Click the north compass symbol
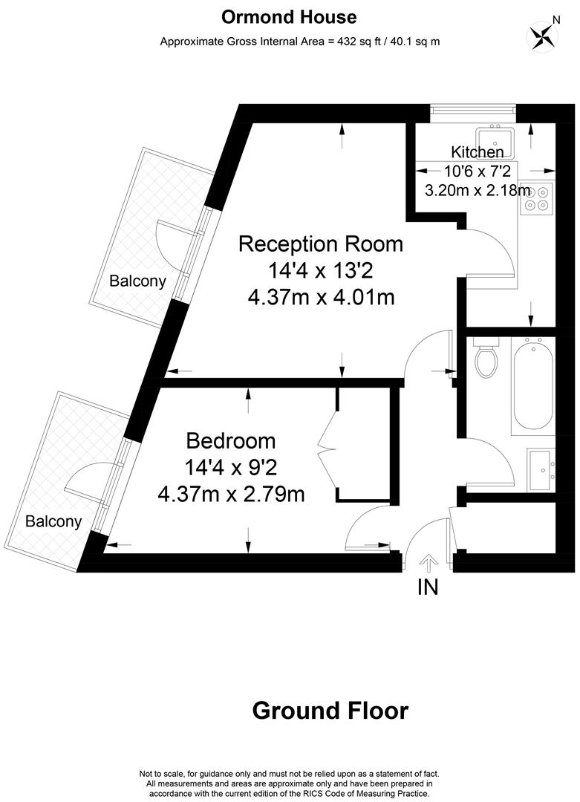tap(541, 35)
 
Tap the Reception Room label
tap(320, 244)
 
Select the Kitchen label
tap(477, 152)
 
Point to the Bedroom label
tap(231, 440)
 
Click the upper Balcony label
tap(137, 281)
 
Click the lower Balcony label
tap(53, 521)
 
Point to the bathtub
tap(532, 385)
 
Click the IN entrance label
tap(428, 587)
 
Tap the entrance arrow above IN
tap(428, 563)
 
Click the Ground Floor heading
tap(330, 711)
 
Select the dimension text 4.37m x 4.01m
tap(320, 297)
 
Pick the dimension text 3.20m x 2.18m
tap(477, 190)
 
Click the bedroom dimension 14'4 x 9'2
tap(231, 467)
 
